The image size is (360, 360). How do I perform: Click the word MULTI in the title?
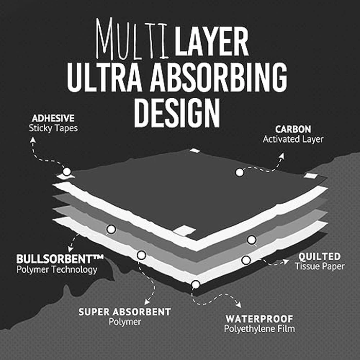coord(132,39)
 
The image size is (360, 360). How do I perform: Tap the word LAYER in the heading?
coord(211,41)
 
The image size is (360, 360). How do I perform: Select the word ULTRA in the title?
coord(105,77)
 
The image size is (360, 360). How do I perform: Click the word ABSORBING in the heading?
coord(219,77)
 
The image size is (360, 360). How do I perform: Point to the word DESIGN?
coord(177,113)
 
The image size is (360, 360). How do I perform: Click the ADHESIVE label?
coord(53,118)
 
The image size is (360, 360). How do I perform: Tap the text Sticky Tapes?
coord(53,128)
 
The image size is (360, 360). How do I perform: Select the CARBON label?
coord(293,129)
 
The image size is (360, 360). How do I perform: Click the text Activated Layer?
coord(293,139)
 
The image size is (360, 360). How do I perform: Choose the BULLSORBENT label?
coord(60,259)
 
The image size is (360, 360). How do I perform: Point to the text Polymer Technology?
coord(57,269)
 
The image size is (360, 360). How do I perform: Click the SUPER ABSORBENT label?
coord(124,312)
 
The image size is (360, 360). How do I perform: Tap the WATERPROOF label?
coord(259,319)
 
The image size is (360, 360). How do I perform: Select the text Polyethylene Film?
coord(259,329)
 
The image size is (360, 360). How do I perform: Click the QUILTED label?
coord(319,257)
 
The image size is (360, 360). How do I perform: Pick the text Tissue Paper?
coord(319,266)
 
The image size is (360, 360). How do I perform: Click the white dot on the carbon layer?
coord(240,172)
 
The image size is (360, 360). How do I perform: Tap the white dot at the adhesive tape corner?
coord(67,171)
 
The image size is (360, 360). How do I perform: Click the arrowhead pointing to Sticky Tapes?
coord(33,139)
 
